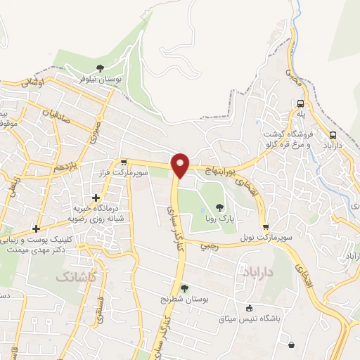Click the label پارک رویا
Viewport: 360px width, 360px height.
pos(219,219)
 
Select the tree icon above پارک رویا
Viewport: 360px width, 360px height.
pos(220,207)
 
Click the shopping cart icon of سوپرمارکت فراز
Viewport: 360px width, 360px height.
pos(122,162)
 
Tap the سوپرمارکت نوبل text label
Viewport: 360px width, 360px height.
pos(265,239)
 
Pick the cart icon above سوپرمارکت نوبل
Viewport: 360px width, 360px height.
pos(265,227)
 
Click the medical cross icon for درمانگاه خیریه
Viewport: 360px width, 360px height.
pos(96,198)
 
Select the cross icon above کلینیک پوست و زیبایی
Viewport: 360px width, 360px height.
pos(35,229)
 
